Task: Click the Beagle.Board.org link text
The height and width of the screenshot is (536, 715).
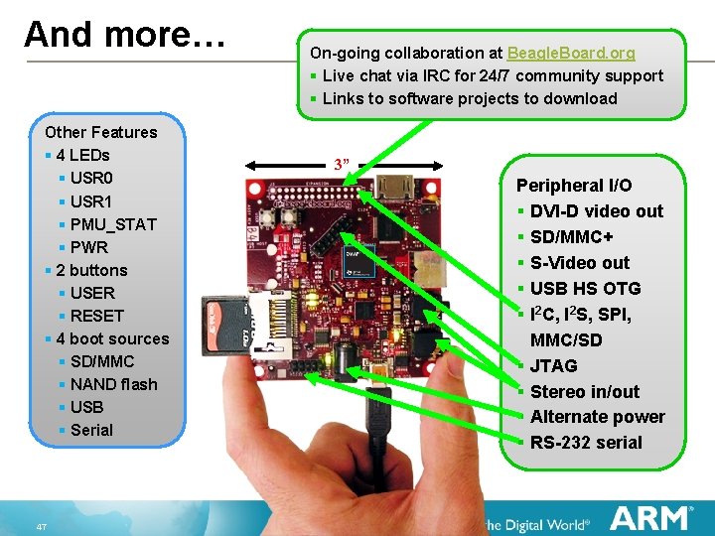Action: (571, 53)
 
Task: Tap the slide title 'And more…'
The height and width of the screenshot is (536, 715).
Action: (125, 34)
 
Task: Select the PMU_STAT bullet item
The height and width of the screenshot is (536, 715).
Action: (113, 224)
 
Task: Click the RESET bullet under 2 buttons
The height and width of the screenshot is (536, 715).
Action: (97, 316)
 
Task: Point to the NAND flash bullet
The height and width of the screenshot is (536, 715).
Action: (113, 384)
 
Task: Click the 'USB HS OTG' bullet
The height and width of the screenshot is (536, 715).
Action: (585, 288)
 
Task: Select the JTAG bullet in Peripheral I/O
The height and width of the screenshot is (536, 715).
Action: (553, 365)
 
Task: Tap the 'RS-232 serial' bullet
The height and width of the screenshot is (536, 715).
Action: (586, 443)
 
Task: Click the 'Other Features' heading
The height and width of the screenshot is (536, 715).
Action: (101, 132)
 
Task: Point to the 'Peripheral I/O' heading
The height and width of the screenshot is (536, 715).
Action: (574, 185)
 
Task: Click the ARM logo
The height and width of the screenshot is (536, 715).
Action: (650, 518)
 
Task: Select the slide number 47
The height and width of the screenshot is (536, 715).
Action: (41, 526)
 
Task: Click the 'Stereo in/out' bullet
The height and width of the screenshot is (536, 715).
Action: (584, 391)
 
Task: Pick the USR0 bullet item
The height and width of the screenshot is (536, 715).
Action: (91, 179)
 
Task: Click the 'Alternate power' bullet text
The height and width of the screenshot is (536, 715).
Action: (597, 417)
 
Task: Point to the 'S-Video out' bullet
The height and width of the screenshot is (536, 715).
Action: (579, 262)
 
